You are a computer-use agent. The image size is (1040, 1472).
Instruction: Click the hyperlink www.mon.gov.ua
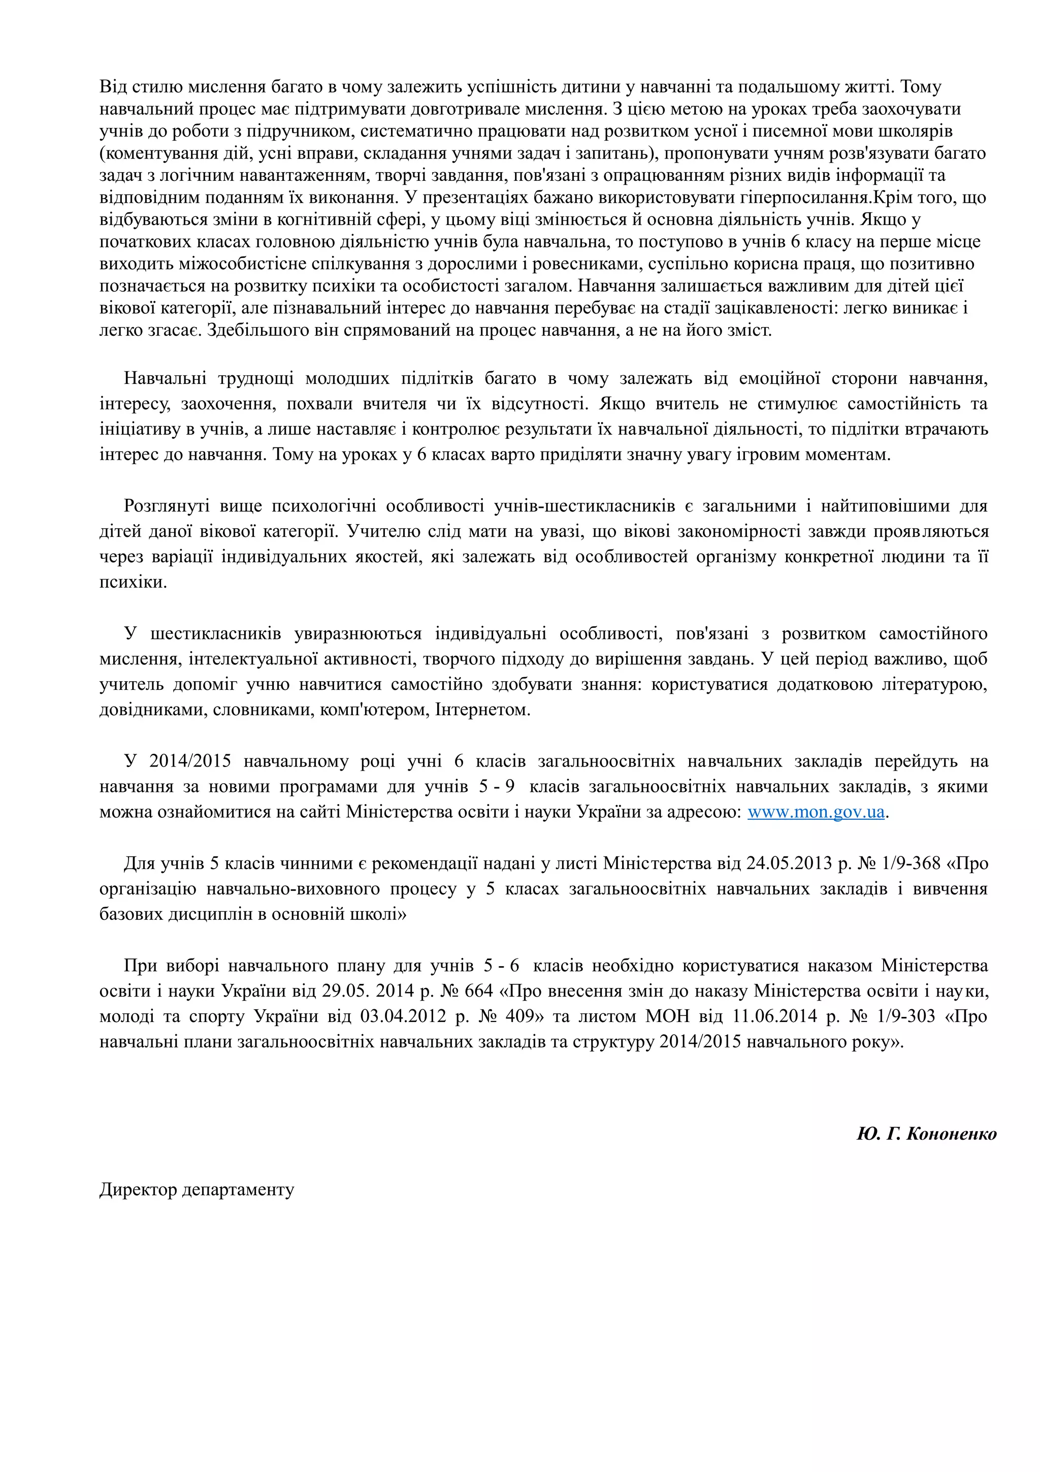coord(816,812)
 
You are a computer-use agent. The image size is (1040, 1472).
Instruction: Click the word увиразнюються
coord(357,633)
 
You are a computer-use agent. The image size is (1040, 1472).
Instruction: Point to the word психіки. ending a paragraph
coord(133,582)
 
